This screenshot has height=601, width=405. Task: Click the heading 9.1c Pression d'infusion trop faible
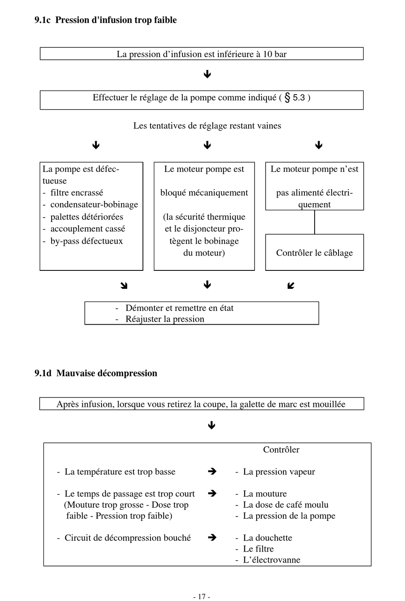105,20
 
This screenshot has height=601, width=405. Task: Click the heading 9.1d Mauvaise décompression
96,373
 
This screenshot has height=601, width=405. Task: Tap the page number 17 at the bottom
202,596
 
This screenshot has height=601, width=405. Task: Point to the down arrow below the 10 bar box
207,74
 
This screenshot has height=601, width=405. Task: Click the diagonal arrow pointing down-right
124,286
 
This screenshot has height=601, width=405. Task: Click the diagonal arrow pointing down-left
291,286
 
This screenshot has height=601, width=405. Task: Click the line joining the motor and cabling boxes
315,222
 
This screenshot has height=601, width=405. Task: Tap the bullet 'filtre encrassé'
77,193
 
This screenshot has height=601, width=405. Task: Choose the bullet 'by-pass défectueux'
87,241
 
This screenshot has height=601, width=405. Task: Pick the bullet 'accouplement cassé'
88,229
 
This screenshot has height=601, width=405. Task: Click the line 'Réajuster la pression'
165,319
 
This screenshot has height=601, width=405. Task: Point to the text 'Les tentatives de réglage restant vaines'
207,126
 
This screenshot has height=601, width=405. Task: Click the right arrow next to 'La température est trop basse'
212,471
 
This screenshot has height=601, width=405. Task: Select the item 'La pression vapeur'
279,472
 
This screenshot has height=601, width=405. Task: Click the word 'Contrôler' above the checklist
281,450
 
